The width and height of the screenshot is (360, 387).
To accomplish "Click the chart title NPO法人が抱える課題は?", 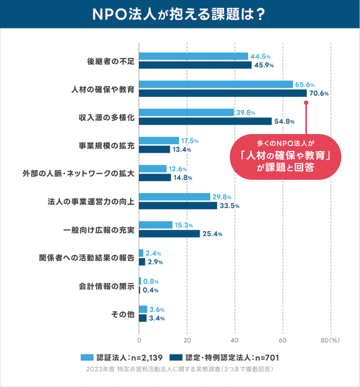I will pos(180,14).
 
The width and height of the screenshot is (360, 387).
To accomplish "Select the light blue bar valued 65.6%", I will pos(216,84).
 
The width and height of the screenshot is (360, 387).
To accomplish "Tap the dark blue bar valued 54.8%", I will pos(205,121).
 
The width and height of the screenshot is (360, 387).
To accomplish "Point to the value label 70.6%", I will pos(318,94).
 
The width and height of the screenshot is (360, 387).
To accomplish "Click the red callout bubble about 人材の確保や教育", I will pos(285,156).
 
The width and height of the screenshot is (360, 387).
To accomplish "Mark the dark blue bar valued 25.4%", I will pos(169,234).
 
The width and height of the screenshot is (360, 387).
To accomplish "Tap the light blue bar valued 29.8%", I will pos(174,197).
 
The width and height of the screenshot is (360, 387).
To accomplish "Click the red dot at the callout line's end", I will pos(306,102).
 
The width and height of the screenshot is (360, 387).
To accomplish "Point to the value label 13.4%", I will pos(182,150).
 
